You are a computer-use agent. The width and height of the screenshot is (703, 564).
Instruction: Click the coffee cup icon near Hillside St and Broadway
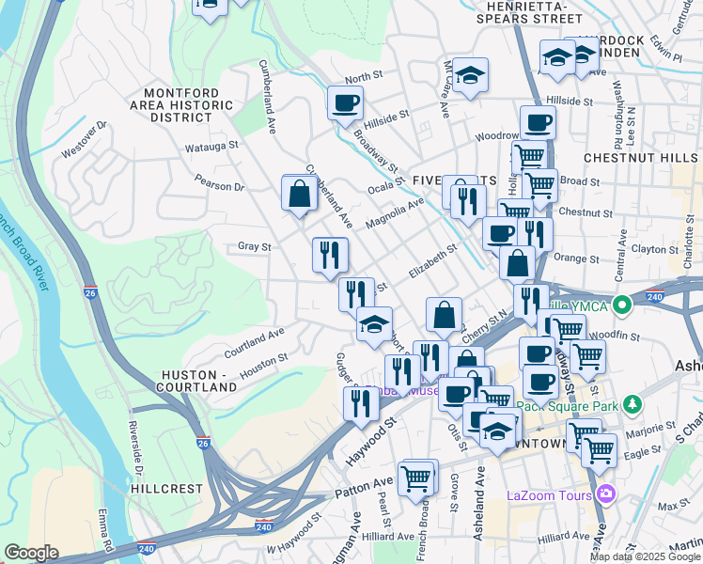[345, 102]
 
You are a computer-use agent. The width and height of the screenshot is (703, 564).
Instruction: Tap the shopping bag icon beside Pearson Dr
[299, 194]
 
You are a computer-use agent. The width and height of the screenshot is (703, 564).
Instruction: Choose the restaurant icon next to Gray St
[329, 254]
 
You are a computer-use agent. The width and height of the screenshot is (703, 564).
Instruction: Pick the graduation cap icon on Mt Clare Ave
[472, 74]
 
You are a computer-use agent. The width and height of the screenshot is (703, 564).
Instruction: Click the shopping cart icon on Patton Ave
[416, 478]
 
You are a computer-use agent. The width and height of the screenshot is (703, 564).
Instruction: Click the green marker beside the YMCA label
[621, 305]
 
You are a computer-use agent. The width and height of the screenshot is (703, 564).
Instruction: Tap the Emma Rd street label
[104, 530]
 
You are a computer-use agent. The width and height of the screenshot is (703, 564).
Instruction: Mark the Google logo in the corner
[31, 553]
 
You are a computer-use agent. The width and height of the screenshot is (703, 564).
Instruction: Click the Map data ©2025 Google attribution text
[644, 556]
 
